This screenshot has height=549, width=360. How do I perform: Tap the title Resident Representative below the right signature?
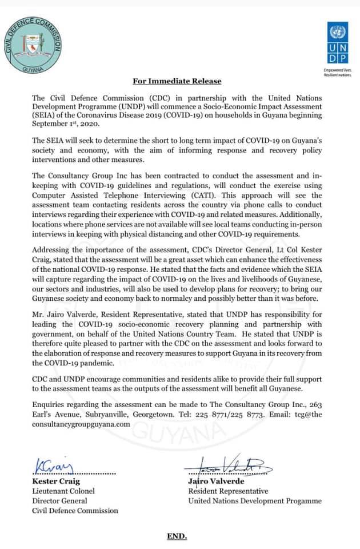pyautogui.click(x=228, y=491)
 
